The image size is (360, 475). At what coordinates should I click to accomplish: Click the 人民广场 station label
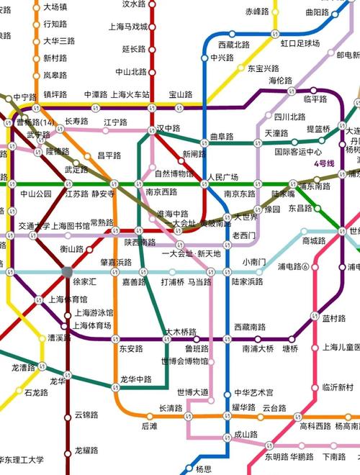coord(222,176)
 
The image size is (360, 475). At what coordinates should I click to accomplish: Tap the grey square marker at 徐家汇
coord(68,271)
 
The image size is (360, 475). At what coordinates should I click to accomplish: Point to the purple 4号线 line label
coord(324,163)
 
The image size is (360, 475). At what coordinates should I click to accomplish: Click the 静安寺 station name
coord(104,194)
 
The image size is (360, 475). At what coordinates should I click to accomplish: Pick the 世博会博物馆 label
coord(185,361)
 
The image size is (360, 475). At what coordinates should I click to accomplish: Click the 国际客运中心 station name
coord(297,152)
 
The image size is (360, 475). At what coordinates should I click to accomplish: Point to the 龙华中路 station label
coord(136,379)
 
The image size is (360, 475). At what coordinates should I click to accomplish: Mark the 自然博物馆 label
coord(174,173)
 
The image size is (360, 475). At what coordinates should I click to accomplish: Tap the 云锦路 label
coord(86,415)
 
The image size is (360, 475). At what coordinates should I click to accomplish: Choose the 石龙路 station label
coord(36,393)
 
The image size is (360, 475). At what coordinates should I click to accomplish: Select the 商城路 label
coord(314,240)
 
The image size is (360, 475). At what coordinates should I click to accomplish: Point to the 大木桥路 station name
coord(181,332)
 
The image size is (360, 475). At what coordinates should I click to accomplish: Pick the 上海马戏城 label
coord(127,27)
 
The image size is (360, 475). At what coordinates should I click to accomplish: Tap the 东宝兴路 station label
coord(264,69)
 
